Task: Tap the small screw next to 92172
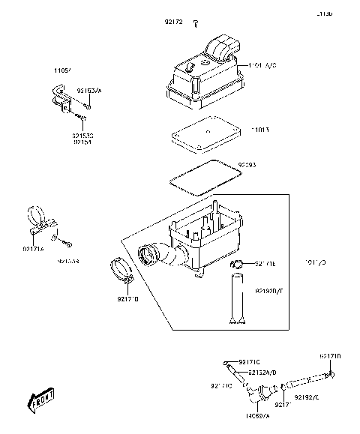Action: [195, 25]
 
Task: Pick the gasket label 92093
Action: [248, 163]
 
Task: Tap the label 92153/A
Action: [88, 90]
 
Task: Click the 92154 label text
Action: [82, 142]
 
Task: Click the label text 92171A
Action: [33, 248]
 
